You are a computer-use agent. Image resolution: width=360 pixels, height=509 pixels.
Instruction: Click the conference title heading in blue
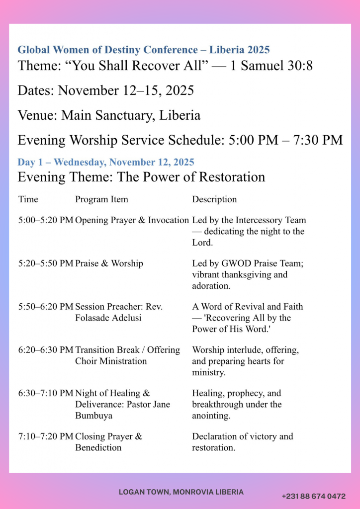144,50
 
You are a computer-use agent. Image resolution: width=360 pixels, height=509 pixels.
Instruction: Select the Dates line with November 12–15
105,90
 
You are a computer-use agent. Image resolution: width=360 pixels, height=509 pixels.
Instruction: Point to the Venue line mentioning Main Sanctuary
109,115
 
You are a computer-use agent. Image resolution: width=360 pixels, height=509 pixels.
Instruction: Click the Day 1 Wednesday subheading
106,162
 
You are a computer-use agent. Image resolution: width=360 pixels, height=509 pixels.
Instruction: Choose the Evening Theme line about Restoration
141,177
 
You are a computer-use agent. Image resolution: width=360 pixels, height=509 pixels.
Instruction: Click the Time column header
28,199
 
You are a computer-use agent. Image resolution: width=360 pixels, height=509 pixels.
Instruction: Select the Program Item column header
101,199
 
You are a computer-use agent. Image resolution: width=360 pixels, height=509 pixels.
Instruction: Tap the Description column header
214,199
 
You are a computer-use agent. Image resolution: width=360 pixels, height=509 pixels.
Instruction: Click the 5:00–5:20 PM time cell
46,220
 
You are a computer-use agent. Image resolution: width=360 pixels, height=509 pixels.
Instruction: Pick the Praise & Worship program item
109,263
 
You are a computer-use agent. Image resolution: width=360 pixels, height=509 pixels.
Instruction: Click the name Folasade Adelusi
108,318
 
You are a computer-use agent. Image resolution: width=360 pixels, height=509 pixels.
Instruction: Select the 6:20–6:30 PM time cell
46,350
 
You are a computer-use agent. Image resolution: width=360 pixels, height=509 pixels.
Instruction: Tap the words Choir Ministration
111,361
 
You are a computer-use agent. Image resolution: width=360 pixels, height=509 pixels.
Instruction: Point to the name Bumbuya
93,415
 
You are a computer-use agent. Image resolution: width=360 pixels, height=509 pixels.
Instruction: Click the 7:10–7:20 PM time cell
46,436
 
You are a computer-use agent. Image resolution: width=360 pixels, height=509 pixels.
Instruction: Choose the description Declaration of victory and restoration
243,442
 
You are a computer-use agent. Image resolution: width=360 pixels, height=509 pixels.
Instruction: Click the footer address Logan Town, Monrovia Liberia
181,492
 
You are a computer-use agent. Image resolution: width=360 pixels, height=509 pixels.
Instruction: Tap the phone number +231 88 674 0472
313,496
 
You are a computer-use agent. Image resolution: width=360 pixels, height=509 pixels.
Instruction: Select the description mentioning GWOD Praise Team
248,274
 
